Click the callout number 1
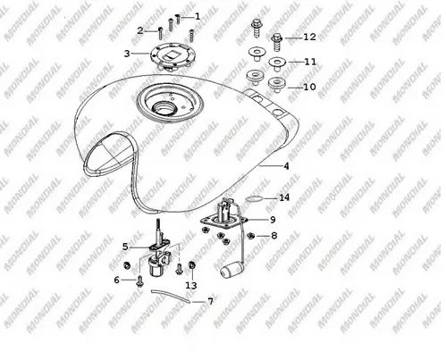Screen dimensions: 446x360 (x=198, y=16)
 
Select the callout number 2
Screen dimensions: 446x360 (x=140, y=30)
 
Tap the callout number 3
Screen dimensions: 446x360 (x=127, y=54)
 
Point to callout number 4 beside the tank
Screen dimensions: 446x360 (x=286, y=166)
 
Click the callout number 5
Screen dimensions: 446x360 (x=125, y=247)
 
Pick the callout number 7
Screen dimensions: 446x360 (x=210, y=302)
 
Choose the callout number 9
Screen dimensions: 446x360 (x=273, y=220)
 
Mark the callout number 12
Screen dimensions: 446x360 (x=309, y=37)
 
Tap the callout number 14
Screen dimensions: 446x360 (x=284, y=197)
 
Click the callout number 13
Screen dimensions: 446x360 (x=191, y=286)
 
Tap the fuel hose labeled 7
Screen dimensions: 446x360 (x=171, y=297)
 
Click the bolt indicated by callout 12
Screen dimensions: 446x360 (x=277, y=43)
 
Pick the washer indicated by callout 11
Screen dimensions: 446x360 (x=277, y=64)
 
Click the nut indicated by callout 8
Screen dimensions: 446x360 (x=251, y=236)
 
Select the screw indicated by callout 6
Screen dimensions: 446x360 (x=139, y=282)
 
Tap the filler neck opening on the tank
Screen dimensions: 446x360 (x=163, y=107)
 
